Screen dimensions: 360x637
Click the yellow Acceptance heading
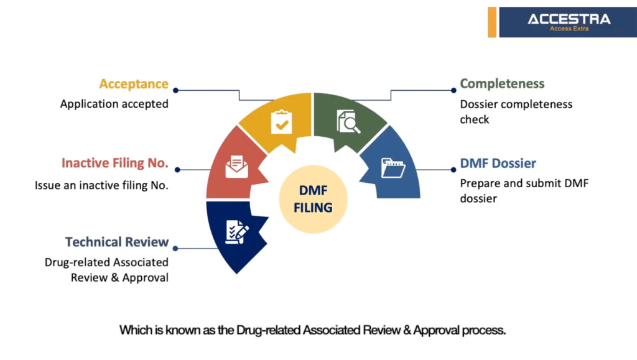point(134,84)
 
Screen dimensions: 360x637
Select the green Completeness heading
point(502,84)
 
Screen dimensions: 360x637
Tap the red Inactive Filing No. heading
point(115,164)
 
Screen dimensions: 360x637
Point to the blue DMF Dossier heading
point(498,164)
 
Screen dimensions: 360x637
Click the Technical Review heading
point(117,242)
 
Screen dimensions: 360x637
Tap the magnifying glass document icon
point(348,121)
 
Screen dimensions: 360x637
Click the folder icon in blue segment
point(393,168)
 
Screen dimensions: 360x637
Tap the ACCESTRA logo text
point(569,19)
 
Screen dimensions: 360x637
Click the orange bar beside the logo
point(492,22)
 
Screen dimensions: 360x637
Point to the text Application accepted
point(114,104)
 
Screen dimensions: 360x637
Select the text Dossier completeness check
point(516,111)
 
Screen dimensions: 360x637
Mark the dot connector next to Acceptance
point(176,90)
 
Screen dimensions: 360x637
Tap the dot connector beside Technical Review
point(176,248)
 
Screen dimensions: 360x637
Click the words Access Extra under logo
point(569,29)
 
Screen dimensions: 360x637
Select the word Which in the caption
point(136,330)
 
